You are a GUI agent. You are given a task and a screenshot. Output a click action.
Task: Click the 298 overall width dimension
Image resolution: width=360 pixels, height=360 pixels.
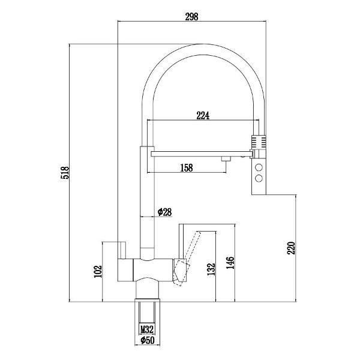click(191, 17)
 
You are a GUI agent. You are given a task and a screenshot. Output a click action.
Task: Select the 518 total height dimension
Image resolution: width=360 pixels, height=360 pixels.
click(65, 173)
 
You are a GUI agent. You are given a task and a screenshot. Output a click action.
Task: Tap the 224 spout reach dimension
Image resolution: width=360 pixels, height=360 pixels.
click(203, 115)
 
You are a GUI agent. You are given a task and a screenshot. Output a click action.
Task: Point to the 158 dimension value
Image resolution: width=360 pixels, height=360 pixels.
click(187, 168)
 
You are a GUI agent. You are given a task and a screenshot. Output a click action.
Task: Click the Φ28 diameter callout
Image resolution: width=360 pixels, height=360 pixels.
click(164, 212)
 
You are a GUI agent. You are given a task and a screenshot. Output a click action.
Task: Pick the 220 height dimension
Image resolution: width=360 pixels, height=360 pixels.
click(291, 248)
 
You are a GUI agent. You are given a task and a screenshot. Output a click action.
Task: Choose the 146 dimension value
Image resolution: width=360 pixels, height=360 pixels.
click(230, 263)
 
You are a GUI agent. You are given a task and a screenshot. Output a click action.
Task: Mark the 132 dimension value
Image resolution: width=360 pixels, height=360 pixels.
click(211, 269)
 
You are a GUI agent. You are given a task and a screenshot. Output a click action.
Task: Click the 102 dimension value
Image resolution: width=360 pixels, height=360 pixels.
click(98, 271)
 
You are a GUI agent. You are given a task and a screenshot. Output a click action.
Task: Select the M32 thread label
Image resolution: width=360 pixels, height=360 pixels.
click(147, 329)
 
